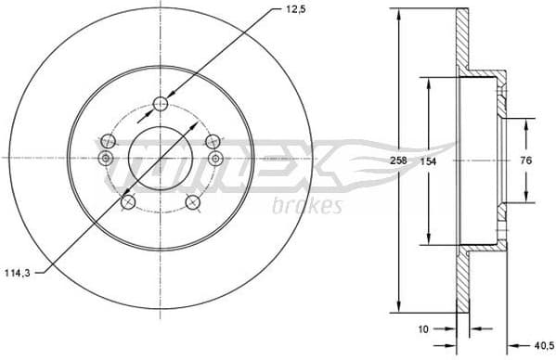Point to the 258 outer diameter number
(398, 161)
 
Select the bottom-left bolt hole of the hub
(128, 201)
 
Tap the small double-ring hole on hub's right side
(215, 159)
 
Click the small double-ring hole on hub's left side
(105, 159)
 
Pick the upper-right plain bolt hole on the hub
(213, 141)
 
